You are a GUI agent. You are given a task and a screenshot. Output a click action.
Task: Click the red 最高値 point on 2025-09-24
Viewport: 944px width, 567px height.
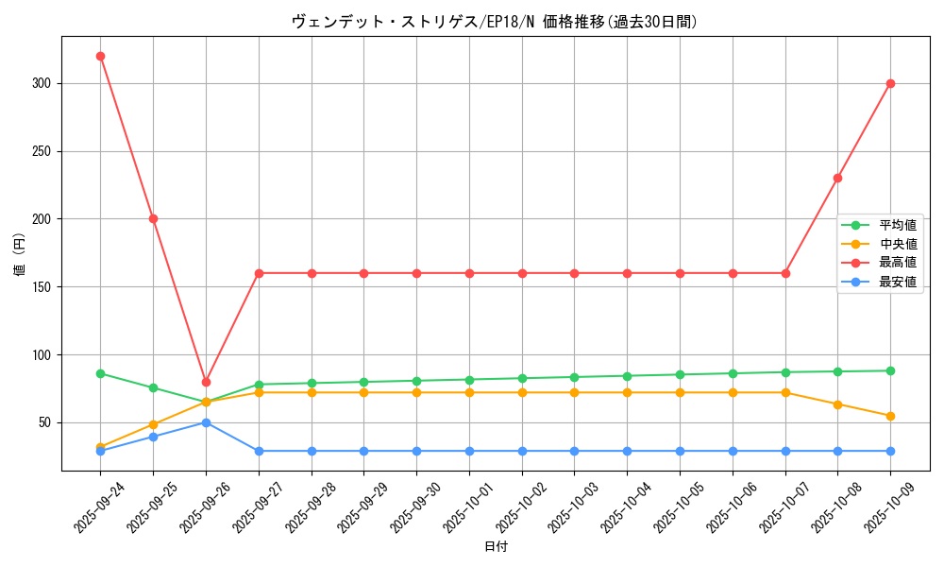tap(100, 56)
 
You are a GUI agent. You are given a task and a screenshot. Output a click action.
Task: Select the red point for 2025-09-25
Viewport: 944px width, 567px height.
tap(153, 218)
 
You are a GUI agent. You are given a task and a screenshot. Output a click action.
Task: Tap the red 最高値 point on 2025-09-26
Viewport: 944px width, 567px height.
tap(206, 382)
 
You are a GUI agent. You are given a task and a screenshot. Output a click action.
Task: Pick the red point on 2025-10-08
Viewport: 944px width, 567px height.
tap(837, 178)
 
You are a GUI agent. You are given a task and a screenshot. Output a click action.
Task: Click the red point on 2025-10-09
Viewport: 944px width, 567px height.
tap(890, 83)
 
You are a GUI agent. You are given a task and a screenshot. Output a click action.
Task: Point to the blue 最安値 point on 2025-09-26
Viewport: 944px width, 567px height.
tap(206, 422)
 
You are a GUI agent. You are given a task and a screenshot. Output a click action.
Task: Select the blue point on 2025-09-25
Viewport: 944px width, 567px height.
tap(153, 437)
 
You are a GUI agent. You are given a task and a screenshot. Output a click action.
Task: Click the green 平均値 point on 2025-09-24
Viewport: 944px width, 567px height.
tap(100, 373)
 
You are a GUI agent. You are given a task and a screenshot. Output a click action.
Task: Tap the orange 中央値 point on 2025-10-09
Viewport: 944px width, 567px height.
tap(890, 416)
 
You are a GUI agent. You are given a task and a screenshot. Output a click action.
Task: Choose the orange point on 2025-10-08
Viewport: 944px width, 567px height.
tap(837, 404)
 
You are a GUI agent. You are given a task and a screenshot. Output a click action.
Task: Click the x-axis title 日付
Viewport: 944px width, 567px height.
tap(496, 547)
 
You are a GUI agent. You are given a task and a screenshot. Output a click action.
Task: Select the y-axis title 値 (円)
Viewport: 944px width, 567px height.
tap(20, 254)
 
